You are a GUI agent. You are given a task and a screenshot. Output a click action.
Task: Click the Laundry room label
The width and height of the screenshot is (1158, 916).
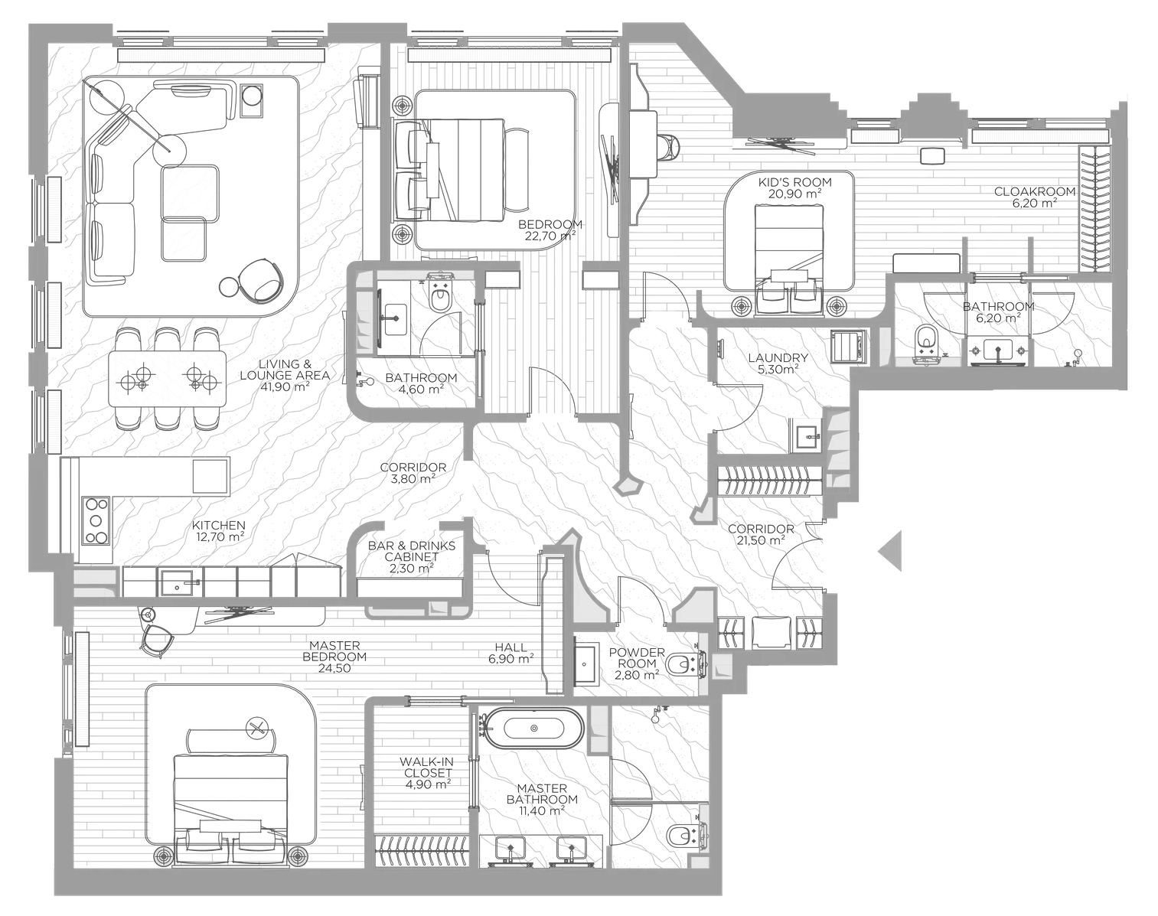[x=778, y=357]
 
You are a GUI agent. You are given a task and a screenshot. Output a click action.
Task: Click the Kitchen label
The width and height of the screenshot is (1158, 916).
[x=218, y=525]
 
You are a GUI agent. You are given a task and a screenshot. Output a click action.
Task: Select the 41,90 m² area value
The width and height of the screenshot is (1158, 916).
[x=285, y=386]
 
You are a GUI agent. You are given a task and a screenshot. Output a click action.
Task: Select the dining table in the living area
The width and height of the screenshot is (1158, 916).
[x=168, y=377]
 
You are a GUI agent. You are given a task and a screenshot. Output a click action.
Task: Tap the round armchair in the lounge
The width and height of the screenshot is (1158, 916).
[x=260, y=279]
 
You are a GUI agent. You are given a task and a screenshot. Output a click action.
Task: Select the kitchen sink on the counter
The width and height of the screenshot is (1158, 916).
[x=178, y=583]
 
